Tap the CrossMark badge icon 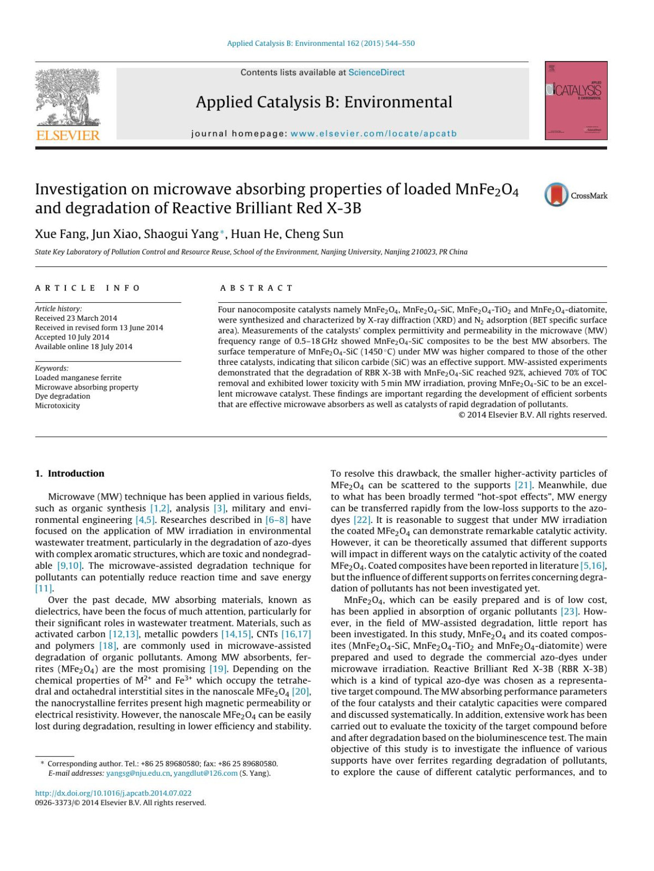(556, 195)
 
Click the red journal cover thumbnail (576, 100)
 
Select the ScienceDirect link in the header (377, 72)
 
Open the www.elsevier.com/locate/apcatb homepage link (373, 133)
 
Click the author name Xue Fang (60, 234)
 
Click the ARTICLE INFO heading (88, 288)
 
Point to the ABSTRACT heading (257, 288)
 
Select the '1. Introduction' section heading (70, 473)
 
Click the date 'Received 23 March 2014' (76, 318)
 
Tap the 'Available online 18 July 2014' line (83, 346)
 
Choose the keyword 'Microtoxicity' (57, 406)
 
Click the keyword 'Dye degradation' (63, 396)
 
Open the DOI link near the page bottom (113, 793)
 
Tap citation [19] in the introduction (218, 669)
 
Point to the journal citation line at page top (320, 44)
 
